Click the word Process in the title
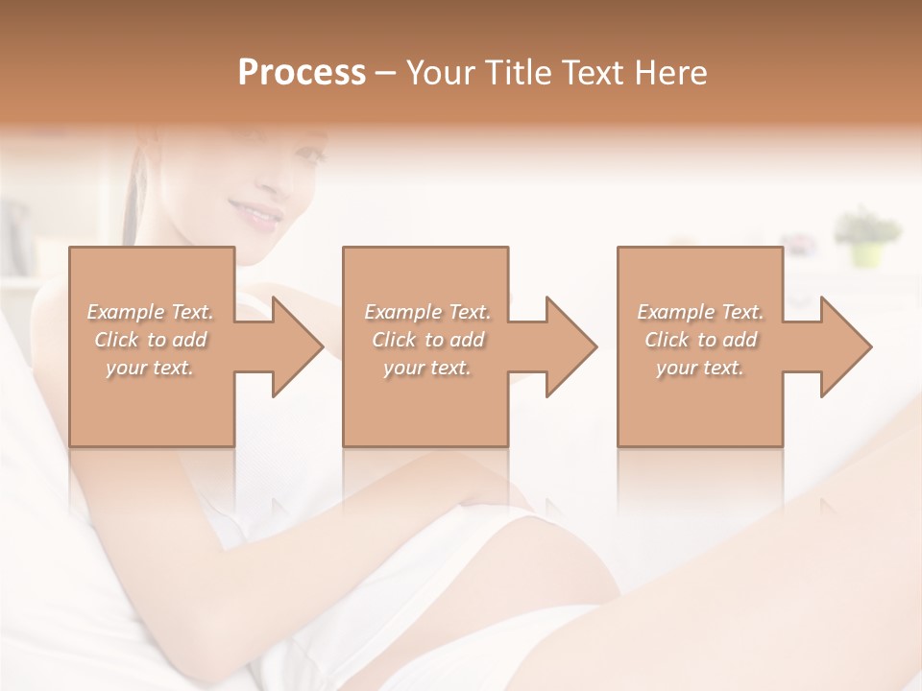tap(302, 73)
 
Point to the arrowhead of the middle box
tap(570, 346)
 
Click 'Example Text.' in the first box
tap(151, 312)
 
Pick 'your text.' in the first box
tap(151, 368)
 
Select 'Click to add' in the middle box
tap(427, 340)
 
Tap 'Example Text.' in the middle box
tap(427, 312)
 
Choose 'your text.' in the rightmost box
tap(700, 368)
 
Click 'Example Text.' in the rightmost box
tap(700, 312)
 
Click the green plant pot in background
tap(867, 253)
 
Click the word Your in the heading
tap(441, 73)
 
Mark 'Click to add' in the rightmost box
tap(700, 340)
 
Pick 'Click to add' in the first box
tap(151, 340)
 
